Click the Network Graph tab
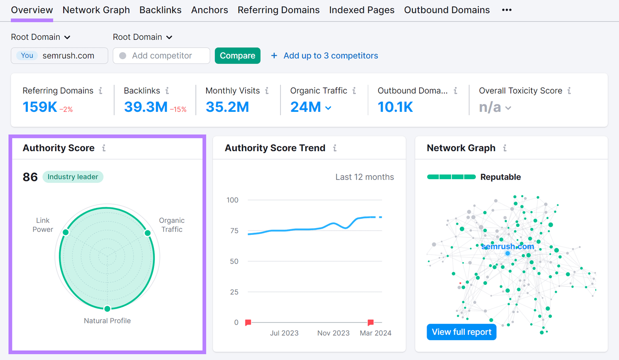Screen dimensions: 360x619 point(96,10)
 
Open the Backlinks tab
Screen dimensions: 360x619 point(160,10)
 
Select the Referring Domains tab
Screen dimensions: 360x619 point(279,10)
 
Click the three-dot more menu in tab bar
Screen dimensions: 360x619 point(507,10)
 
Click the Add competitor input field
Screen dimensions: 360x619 point(161,56)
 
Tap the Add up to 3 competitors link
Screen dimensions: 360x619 point(330,56)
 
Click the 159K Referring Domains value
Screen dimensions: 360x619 point(39,107)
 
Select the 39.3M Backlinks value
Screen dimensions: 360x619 point(145,107)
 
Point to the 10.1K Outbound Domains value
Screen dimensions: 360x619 point(395,107)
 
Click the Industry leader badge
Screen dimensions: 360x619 point(73,177)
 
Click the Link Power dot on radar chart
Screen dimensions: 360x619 point(66,232)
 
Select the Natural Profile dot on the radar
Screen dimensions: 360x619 point(107,309)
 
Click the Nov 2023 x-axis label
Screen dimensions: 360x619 point(333,333)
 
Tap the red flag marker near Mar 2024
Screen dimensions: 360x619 point(371,322)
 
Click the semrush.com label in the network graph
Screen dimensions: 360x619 point(508,246)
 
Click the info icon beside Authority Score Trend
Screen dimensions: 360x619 point(335,148)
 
